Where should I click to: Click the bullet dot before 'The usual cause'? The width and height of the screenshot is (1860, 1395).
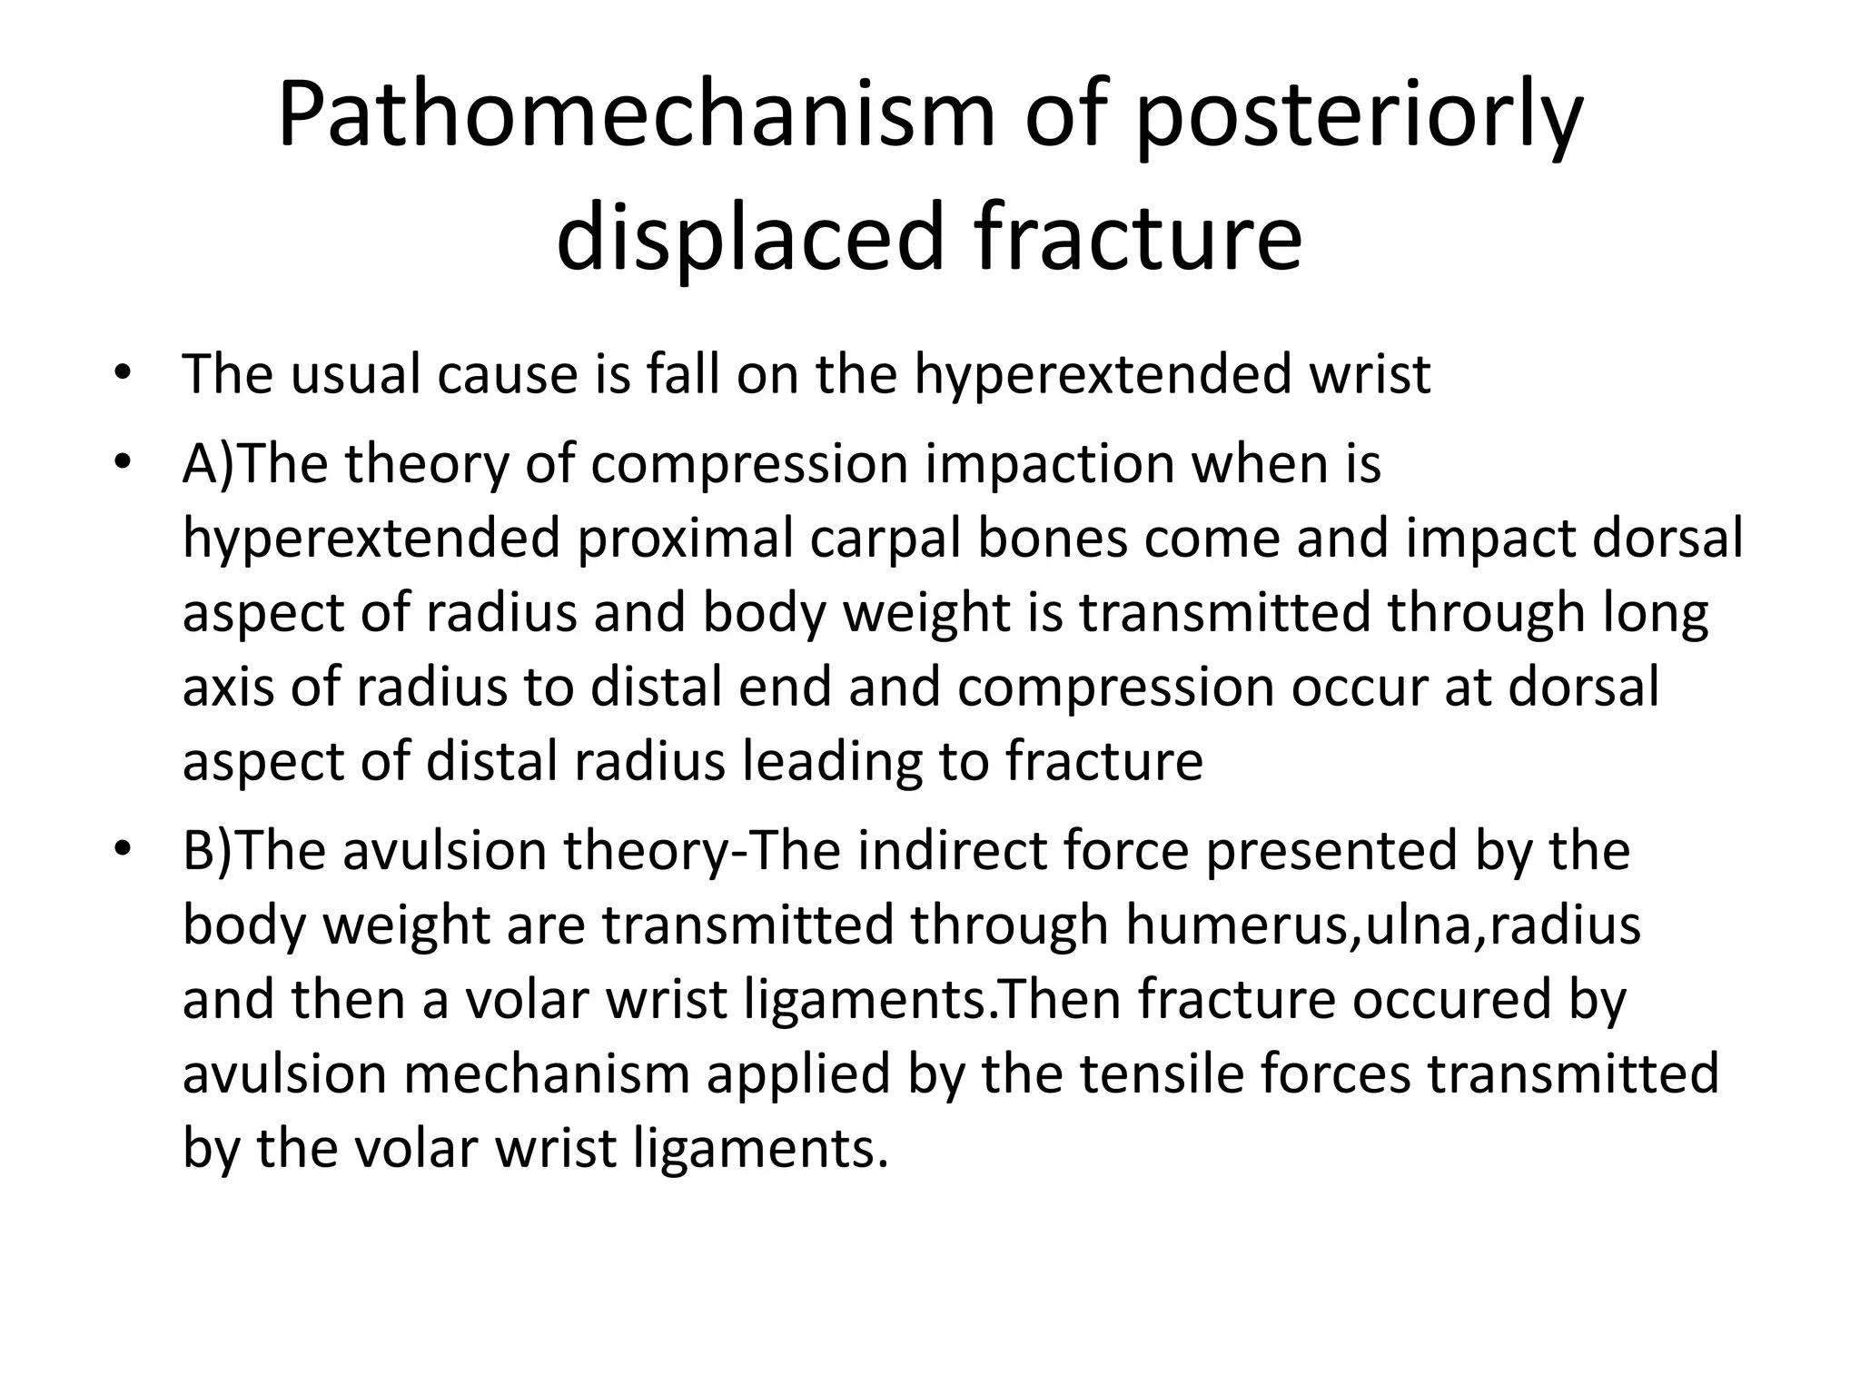point(124,374)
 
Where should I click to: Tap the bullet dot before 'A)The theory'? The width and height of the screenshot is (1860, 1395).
point(124,464)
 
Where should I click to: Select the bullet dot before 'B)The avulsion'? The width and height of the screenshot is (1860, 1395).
point(124,851)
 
